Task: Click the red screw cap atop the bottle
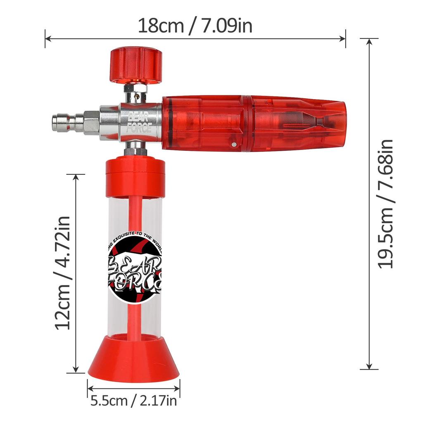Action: point(135,177)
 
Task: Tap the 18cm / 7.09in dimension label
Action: point(195,26)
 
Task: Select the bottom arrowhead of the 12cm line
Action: point(76,370)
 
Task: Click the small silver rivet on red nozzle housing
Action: point(234,145)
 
